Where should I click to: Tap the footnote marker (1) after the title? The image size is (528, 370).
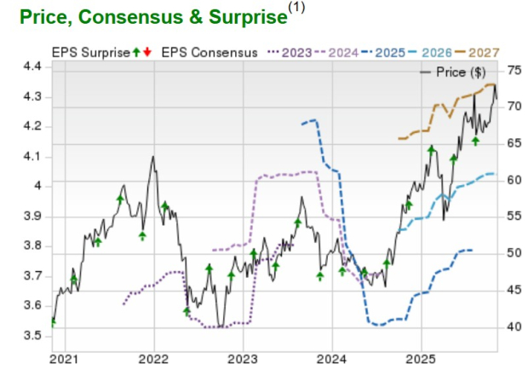pos(296,7)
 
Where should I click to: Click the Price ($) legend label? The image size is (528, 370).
pos(461,72)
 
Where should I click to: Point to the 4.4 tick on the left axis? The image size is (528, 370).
pos(32,66)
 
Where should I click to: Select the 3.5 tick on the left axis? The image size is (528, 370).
pos(32,335)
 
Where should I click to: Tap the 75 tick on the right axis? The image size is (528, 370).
pos(515,69)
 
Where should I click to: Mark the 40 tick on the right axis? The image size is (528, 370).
pos(515,327)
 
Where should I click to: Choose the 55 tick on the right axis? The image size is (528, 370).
pos(515,217)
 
